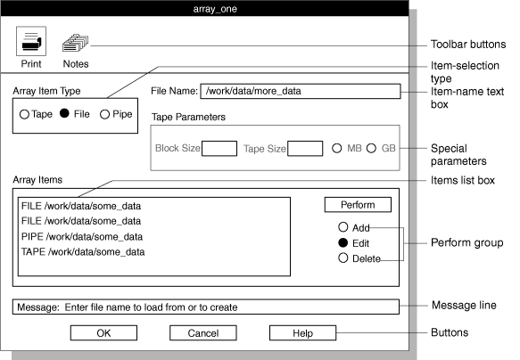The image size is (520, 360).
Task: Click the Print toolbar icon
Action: click(32, 41)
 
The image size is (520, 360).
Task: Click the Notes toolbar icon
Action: click(75, 41)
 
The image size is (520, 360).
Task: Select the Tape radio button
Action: click(25, 114)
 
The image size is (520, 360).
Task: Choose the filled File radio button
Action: click(64, 114)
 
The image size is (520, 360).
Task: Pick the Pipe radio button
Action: click(104, 114)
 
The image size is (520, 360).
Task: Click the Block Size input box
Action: click(219, 148)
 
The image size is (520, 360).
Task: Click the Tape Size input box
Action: click(305, 148)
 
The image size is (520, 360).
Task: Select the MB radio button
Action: click(337, 148)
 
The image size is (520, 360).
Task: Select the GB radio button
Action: click(371, 148)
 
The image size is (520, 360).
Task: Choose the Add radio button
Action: click(343, 227)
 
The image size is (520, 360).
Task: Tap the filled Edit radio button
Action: click(343, 243)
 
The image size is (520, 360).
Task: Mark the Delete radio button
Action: click(343, 258)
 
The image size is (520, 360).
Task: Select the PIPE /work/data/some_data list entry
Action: click(80, 236)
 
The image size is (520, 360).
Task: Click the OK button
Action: click(103, 333)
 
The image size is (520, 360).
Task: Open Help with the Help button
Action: click(302, 333)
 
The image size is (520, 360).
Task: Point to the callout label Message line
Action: click(463, 306)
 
